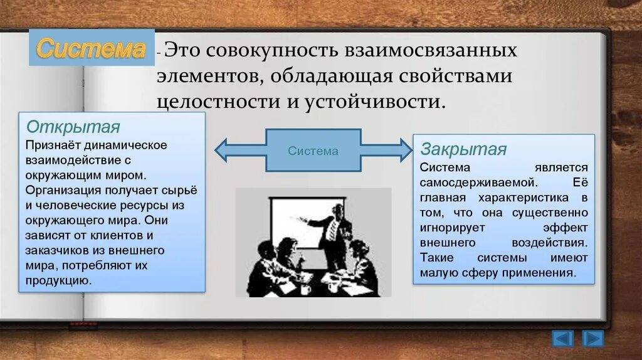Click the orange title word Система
tap(91, 48)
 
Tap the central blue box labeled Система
tap(313, 151)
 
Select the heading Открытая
tap(73, 127)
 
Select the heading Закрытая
tap(463, 149)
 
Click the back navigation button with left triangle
tap(562, 339)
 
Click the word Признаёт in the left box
tap(47, 146)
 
